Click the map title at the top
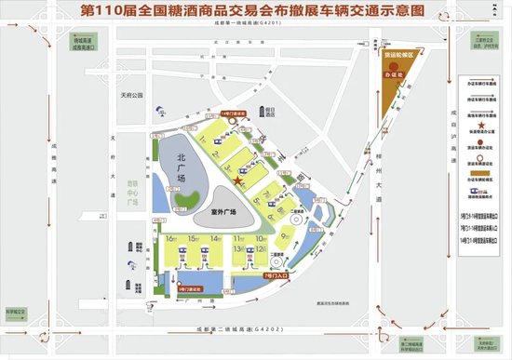click(256, 13)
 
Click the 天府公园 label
click(141, 95)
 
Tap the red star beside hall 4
click(239, 183)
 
